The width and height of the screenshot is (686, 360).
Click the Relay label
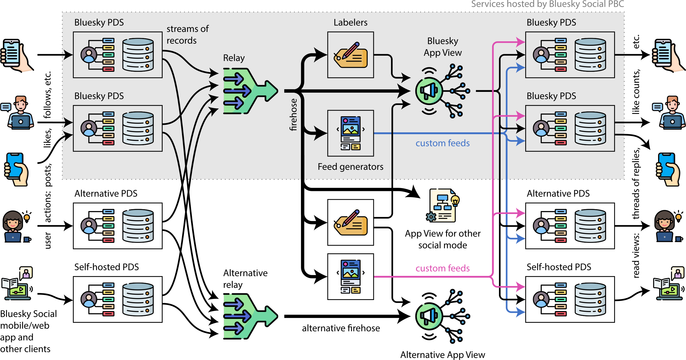(234, 58)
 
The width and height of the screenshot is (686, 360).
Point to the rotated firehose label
(293, 115)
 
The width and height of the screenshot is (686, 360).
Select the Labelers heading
(350, 22)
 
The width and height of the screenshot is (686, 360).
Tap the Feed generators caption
(350, 167)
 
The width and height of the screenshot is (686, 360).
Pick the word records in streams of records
(181, 41)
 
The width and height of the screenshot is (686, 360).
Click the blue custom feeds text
(442, 143)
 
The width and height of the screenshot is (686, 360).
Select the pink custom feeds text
(442, 268)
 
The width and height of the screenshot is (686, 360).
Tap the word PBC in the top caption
(616, 4)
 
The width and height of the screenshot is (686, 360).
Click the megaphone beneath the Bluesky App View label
(429, 91)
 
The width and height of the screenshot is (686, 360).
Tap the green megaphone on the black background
(429, 316)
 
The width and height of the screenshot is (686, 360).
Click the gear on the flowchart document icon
(431, 217)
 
